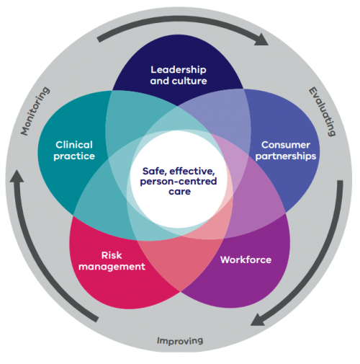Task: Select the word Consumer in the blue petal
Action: click(285, 144)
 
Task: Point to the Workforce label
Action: click(246, 259)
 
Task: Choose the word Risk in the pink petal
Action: click(114, 254)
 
